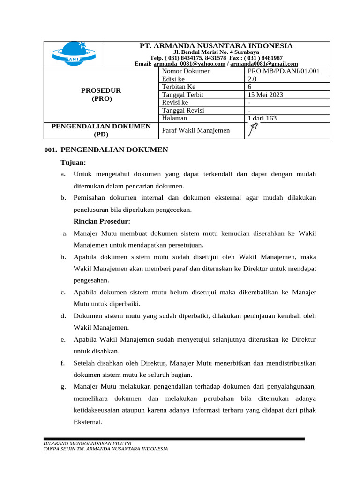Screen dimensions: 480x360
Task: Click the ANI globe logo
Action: point(73,54)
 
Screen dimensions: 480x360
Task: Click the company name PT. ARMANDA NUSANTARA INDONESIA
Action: point(216,45)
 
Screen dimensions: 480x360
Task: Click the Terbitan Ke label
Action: point(179,87)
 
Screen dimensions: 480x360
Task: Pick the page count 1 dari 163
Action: point(262,119)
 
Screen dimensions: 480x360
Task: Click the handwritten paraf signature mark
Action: point(254,130)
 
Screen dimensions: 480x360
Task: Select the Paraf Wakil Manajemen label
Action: point(196,130)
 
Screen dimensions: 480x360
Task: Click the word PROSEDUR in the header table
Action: point(101,90)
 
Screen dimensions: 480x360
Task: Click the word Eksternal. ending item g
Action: point(88,422)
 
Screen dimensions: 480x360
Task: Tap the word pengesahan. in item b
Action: point(91,280)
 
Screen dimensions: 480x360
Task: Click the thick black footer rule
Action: point(173,439)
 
